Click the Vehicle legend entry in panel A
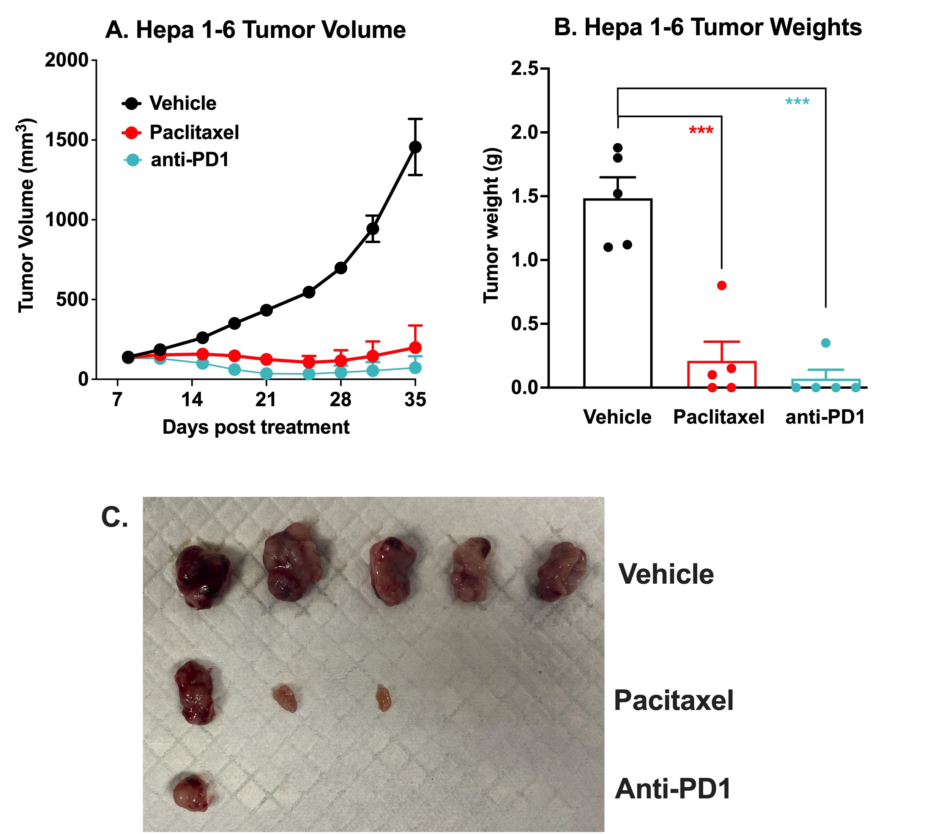[x=182, y=104]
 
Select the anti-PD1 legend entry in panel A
[x=189, y=160]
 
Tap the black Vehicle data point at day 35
[x=415, y=147]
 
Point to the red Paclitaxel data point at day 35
[x=415, y=347]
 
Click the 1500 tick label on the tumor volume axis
[x=66, y=140]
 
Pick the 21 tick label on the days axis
[x=266, y=400]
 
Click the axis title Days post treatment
[x=255, y=427]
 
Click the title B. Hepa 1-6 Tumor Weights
[x=708, y=27]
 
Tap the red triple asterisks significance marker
[x=701, y=131]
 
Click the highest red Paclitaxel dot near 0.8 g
[x=722, y=286]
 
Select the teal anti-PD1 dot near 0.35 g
[x=825, y=343]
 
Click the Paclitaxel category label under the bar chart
[x=718, y=417]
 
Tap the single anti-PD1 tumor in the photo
[x=191, y=793]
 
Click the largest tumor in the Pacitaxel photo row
[x=195, y=692]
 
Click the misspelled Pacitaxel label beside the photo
[x=673, y=700]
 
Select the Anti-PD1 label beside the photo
[x=672, y=789]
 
